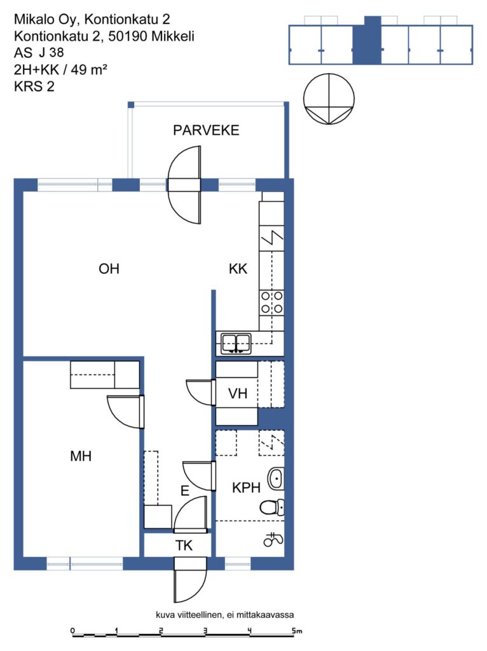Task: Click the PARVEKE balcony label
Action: pyautogui.click(x=206, y=130)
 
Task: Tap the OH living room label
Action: pyautogui.click(x=109, y=269)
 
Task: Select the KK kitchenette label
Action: pyautogui.click(x=238, y=269)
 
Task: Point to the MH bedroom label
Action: pyautogui.click(x=81, y=456)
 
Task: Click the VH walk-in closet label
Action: pyautogui.click(x=238, y=393)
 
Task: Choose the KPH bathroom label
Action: pyautogui.click(x=246, y=488)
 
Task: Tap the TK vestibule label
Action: pyautogui.click(x=184, y=545)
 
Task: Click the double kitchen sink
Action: pyautogui.click(x=236, y=343)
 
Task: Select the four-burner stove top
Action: pyautogui.click(x=272, y=302)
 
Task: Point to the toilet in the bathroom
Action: pyautogui.click(x=272, y=507)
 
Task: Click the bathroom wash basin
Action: pyautogui.click(x=276, y=478)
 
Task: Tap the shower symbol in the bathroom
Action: pyautogui.click(x=273, y=539)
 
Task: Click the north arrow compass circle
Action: pyautogui.click(x=329, y=99)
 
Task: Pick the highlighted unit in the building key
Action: pyautogui.click(x=367, y=40)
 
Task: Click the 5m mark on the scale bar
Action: pyautogui.click(x=296, y=631)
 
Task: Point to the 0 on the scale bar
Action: pyautogui.click(x=72, y=631)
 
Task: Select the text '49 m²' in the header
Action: pyautogui.click(x=89, y=69)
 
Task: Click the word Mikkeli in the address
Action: pyautogui.click(x=173, y=36)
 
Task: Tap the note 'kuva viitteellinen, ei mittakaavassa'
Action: pyautogui.click(x=224, y=615)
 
